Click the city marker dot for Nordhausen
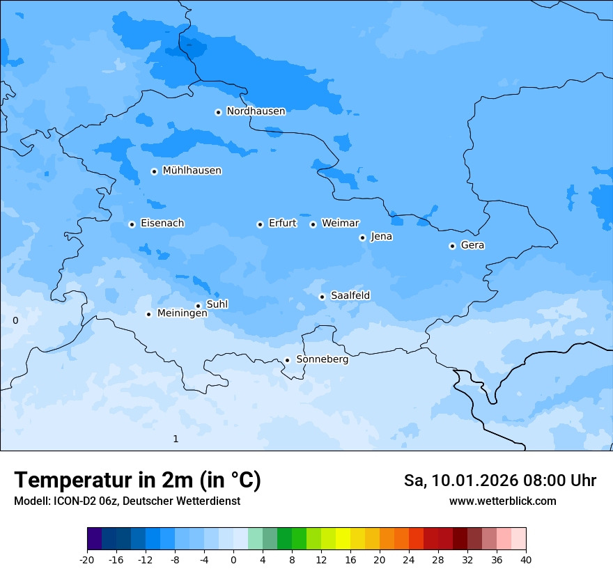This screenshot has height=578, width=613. pos(218,112)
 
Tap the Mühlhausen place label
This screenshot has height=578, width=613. pos(192,171)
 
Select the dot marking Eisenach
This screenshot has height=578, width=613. pos(132,224)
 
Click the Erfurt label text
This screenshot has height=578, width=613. pos(282,224)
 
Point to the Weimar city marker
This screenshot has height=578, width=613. pos(313,224)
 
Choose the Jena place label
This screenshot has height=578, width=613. pos(381,237)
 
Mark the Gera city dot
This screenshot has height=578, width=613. pos(452,246)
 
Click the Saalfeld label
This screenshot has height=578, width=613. pos(350,296)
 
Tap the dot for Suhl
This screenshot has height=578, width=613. pos(198,306)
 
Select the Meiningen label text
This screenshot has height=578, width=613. pos(182,314)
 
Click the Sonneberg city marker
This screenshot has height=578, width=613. pos(287,361)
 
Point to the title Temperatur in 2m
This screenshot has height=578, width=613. pos(137,481)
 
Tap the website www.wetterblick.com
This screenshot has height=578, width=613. pos(502,501)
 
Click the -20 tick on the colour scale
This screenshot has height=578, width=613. pos(87,559)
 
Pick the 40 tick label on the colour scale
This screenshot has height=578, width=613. pos(525,559)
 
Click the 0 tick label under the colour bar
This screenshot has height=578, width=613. pos(233,559)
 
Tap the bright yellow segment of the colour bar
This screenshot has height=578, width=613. pos(343,539)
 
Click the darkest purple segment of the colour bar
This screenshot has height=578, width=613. pos(94,539)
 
